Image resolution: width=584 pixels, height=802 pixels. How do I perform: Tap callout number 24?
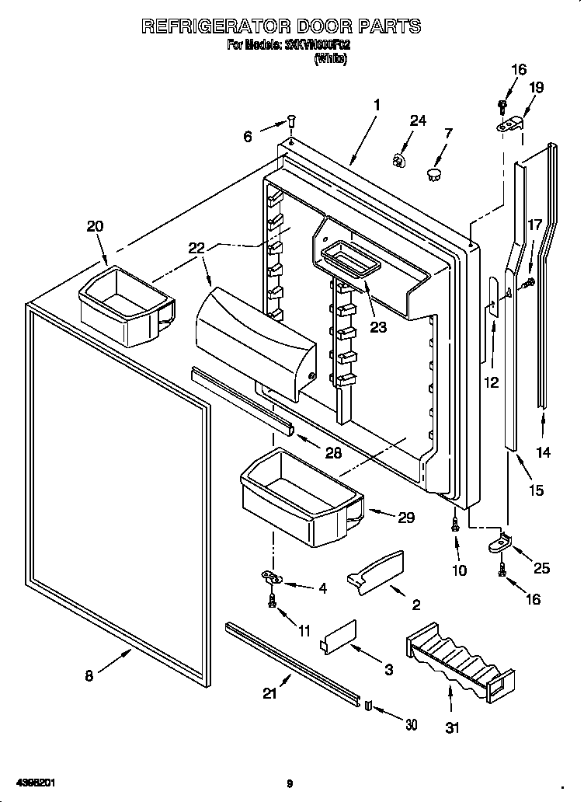(x=418, y=120)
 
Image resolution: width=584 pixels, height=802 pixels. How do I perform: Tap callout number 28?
(x=332, y=453)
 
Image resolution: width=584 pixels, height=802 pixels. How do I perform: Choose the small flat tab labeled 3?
(x=338, y=634)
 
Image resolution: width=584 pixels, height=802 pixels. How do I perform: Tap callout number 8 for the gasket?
(x=89, y=676)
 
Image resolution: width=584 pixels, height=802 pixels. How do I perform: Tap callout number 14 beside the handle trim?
(x=544, y=453)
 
